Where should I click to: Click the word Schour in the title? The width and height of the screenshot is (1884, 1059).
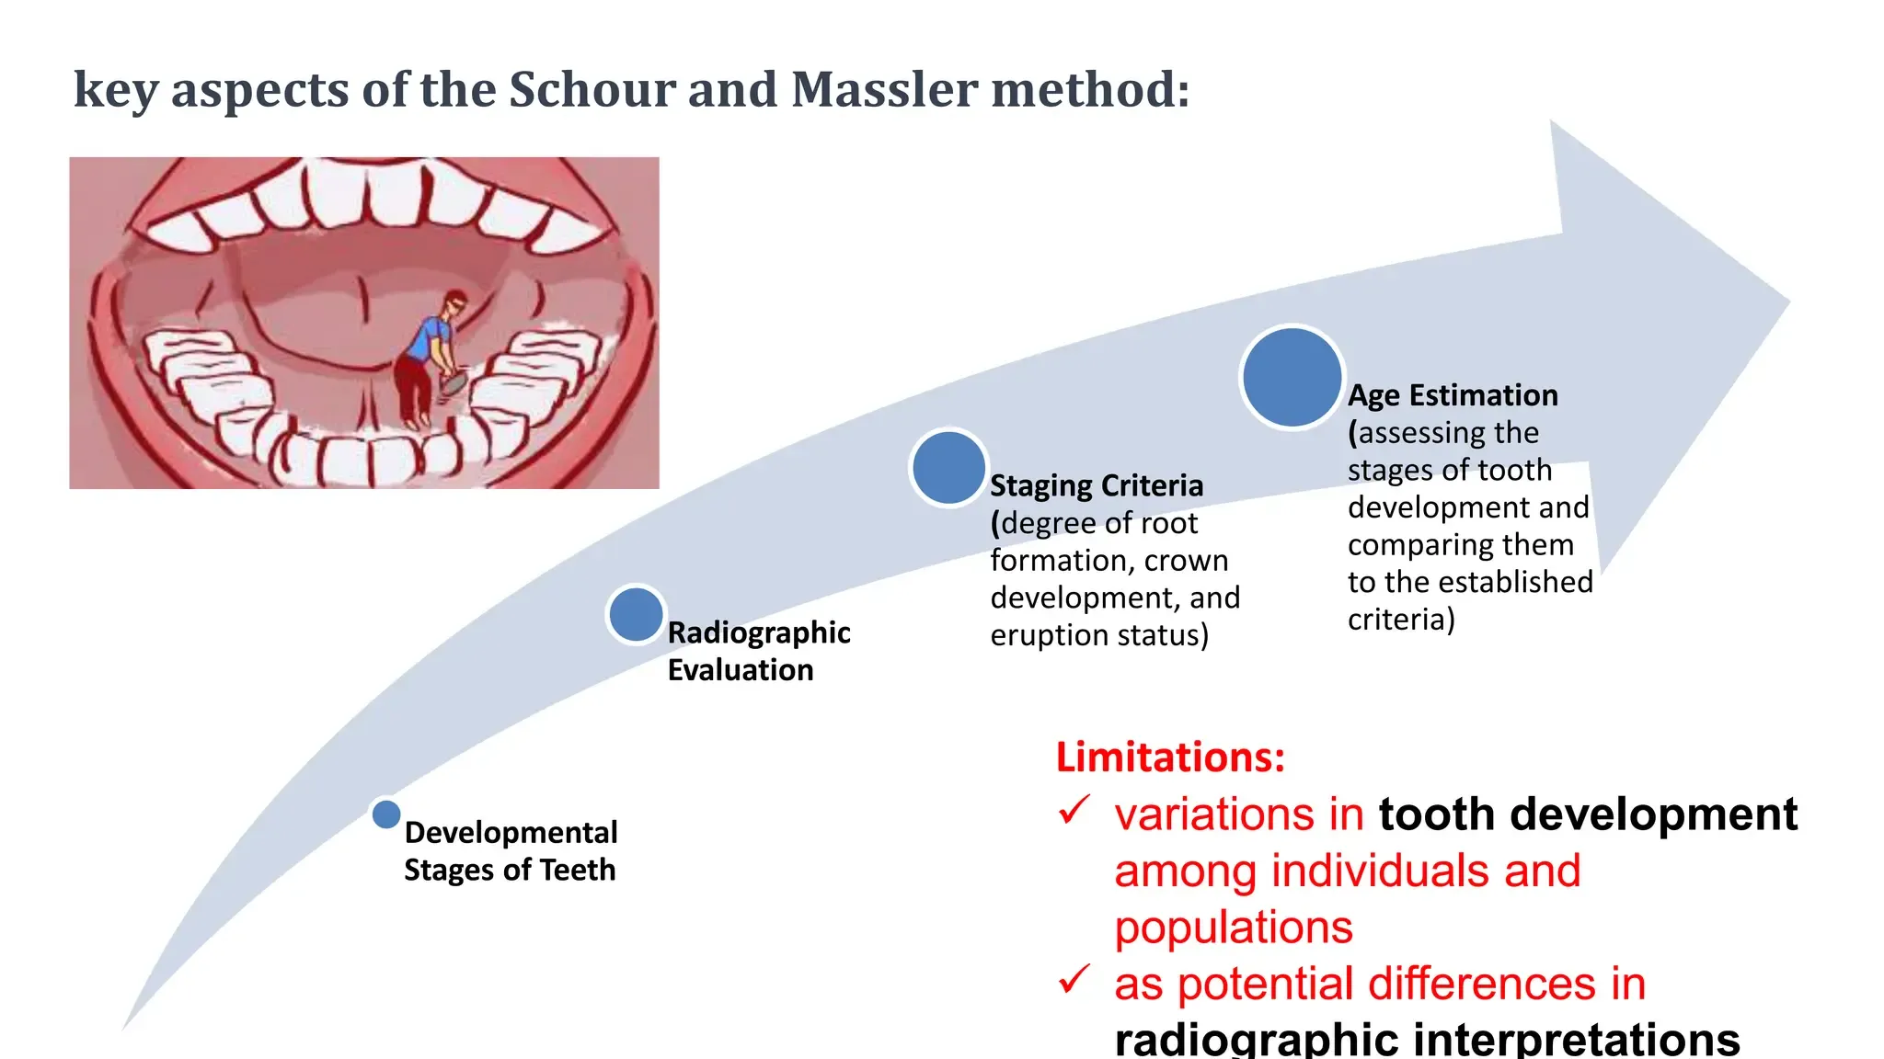pos(592,89)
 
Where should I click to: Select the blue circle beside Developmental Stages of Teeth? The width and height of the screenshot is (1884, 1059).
pos(386,814)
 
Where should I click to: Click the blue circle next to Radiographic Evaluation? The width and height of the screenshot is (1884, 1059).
pos(636,614)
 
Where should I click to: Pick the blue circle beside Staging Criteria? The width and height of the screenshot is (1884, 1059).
pos(948,467)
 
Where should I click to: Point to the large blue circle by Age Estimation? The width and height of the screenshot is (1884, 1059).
pos(1292,377)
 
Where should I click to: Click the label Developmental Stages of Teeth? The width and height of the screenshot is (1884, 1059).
pos(511,850)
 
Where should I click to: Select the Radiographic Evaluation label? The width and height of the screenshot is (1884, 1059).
pos(759,651)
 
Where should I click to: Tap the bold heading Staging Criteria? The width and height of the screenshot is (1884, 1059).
pos(1097,485)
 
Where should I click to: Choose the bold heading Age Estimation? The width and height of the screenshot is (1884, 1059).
pos(1453,395)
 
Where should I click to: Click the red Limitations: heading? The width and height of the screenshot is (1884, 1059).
pos(1170,757)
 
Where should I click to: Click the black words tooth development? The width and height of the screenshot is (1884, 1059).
pos(1588,814)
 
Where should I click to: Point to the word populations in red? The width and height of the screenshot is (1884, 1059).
pos(1234,928)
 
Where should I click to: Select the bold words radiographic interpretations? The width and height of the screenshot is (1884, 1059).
pos(1427,1039)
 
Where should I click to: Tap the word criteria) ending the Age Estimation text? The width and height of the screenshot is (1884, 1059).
pos(1401,620)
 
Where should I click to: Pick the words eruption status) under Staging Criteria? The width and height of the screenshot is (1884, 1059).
pos(1099,635)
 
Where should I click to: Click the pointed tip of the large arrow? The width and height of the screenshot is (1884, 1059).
pos(1788,301)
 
